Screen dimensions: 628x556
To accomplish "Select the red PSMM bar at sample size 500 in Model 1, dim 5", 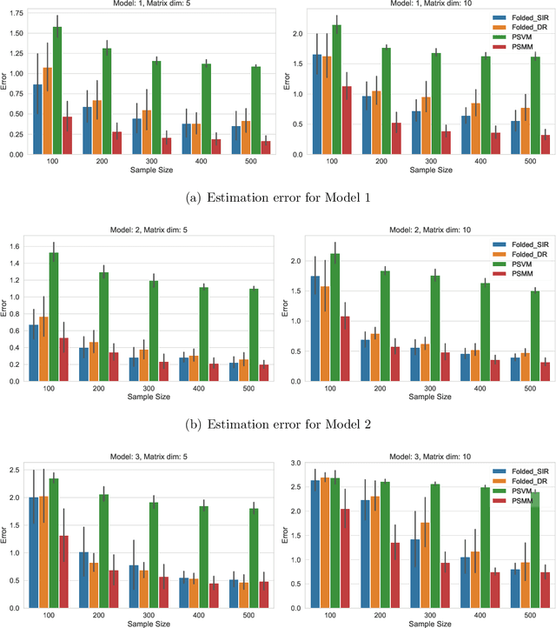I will coord(240,147).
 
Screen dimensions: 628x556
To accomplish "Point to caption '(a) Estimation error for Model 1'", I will coord(278,197).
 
